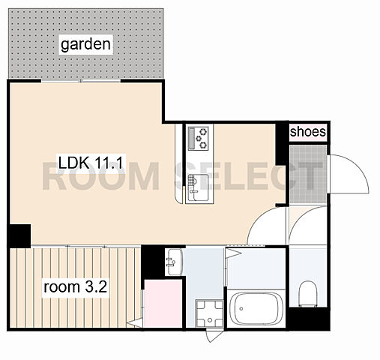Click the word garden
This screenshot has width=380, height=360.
click(85, 44)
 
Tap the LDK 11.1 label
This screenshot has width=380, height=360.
click(91, 163)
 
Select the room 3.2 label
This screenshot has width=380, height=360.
click(75, 287)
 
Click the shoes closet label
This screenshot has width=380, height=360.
click(308, 132)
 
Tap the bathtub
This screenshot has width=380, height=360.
click(256, 310)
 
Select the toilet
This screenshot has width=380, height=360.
click(308, 294)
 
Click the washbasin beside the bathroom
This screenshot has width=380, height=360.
click(175, 262)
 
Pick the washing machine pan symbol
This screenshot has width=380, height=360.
click(209, 313)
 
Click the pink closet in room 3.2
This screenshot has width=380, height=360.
click(163, 304)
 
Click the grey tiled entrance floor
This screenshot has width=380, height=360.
click(308, 174)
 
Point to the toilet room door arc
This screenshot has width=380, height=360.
click(298, 218)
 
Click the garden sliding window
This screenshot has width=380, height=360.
click(81, 81)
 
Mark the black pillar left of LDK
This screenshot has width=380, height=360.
click(20, 235)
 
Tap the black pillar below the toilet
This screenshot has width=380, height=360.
click(308, 319)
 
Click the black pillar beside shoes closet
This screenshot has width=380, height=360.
click(282, 145)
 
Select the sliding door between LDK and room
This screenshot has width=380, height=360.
click(85, 247)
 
